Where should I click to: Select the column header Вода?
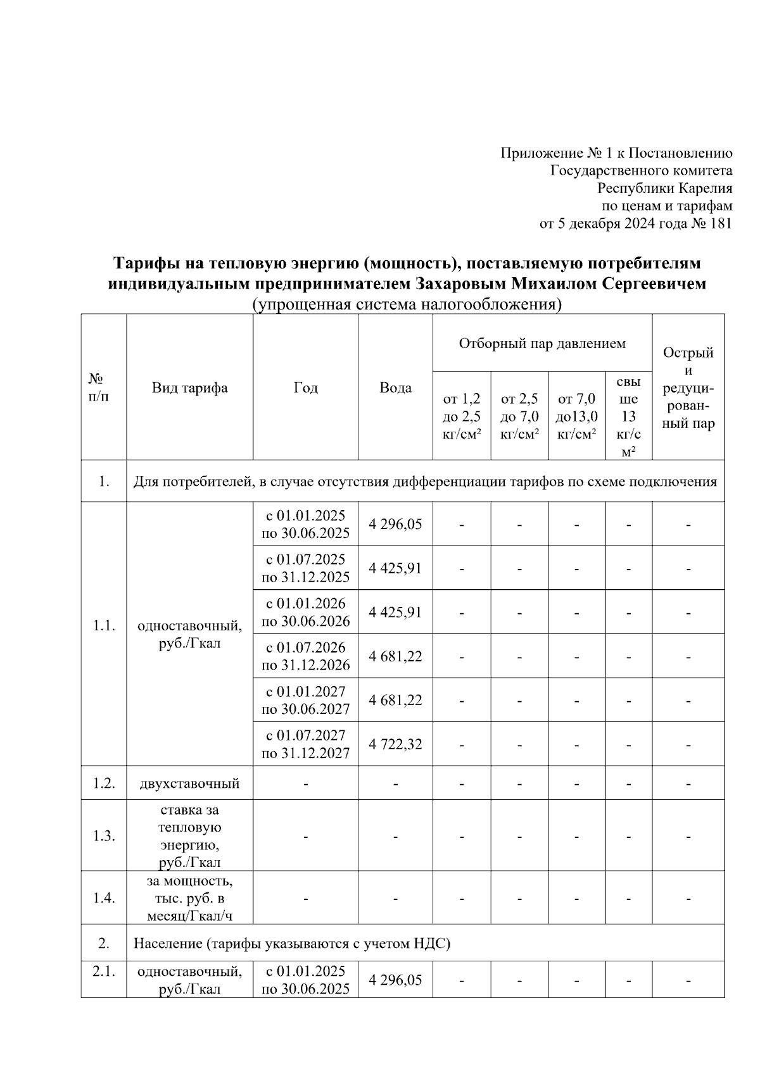pos(395,388)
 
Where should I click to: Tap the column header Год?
pos(305,388)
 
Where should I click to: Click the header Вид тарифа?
pos(189,388)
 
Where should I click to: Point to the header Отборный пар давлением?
pos(542,344)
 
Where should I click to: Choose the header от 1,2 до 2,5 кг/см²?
pos(461,416)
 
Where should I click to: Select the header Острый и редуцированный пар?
pos(688,388)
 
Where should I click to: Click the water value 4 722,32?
pos(395,744)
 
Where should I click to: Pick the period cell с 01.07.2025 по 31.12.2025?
pos(305,568)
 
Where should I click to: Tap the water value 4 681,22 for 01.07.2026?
pos(395,656)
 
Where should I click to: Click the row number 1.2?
pos(103,783)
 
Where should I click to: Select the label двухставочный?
pos(189,784)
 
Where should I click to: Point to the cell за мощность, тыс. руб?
pos(189,897)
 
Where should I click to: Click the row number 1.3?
pos(103,835)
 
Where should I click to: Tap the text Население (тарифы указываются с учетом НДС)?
pos(291,943)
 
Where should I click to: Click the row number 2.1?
pos(103,971)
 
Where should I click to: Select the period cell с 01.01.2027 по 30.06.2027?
pos(305,700)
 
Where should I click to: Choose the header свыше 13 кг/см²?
pos(628,416)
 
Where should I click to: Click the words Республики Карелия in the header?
pos(665,188)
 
